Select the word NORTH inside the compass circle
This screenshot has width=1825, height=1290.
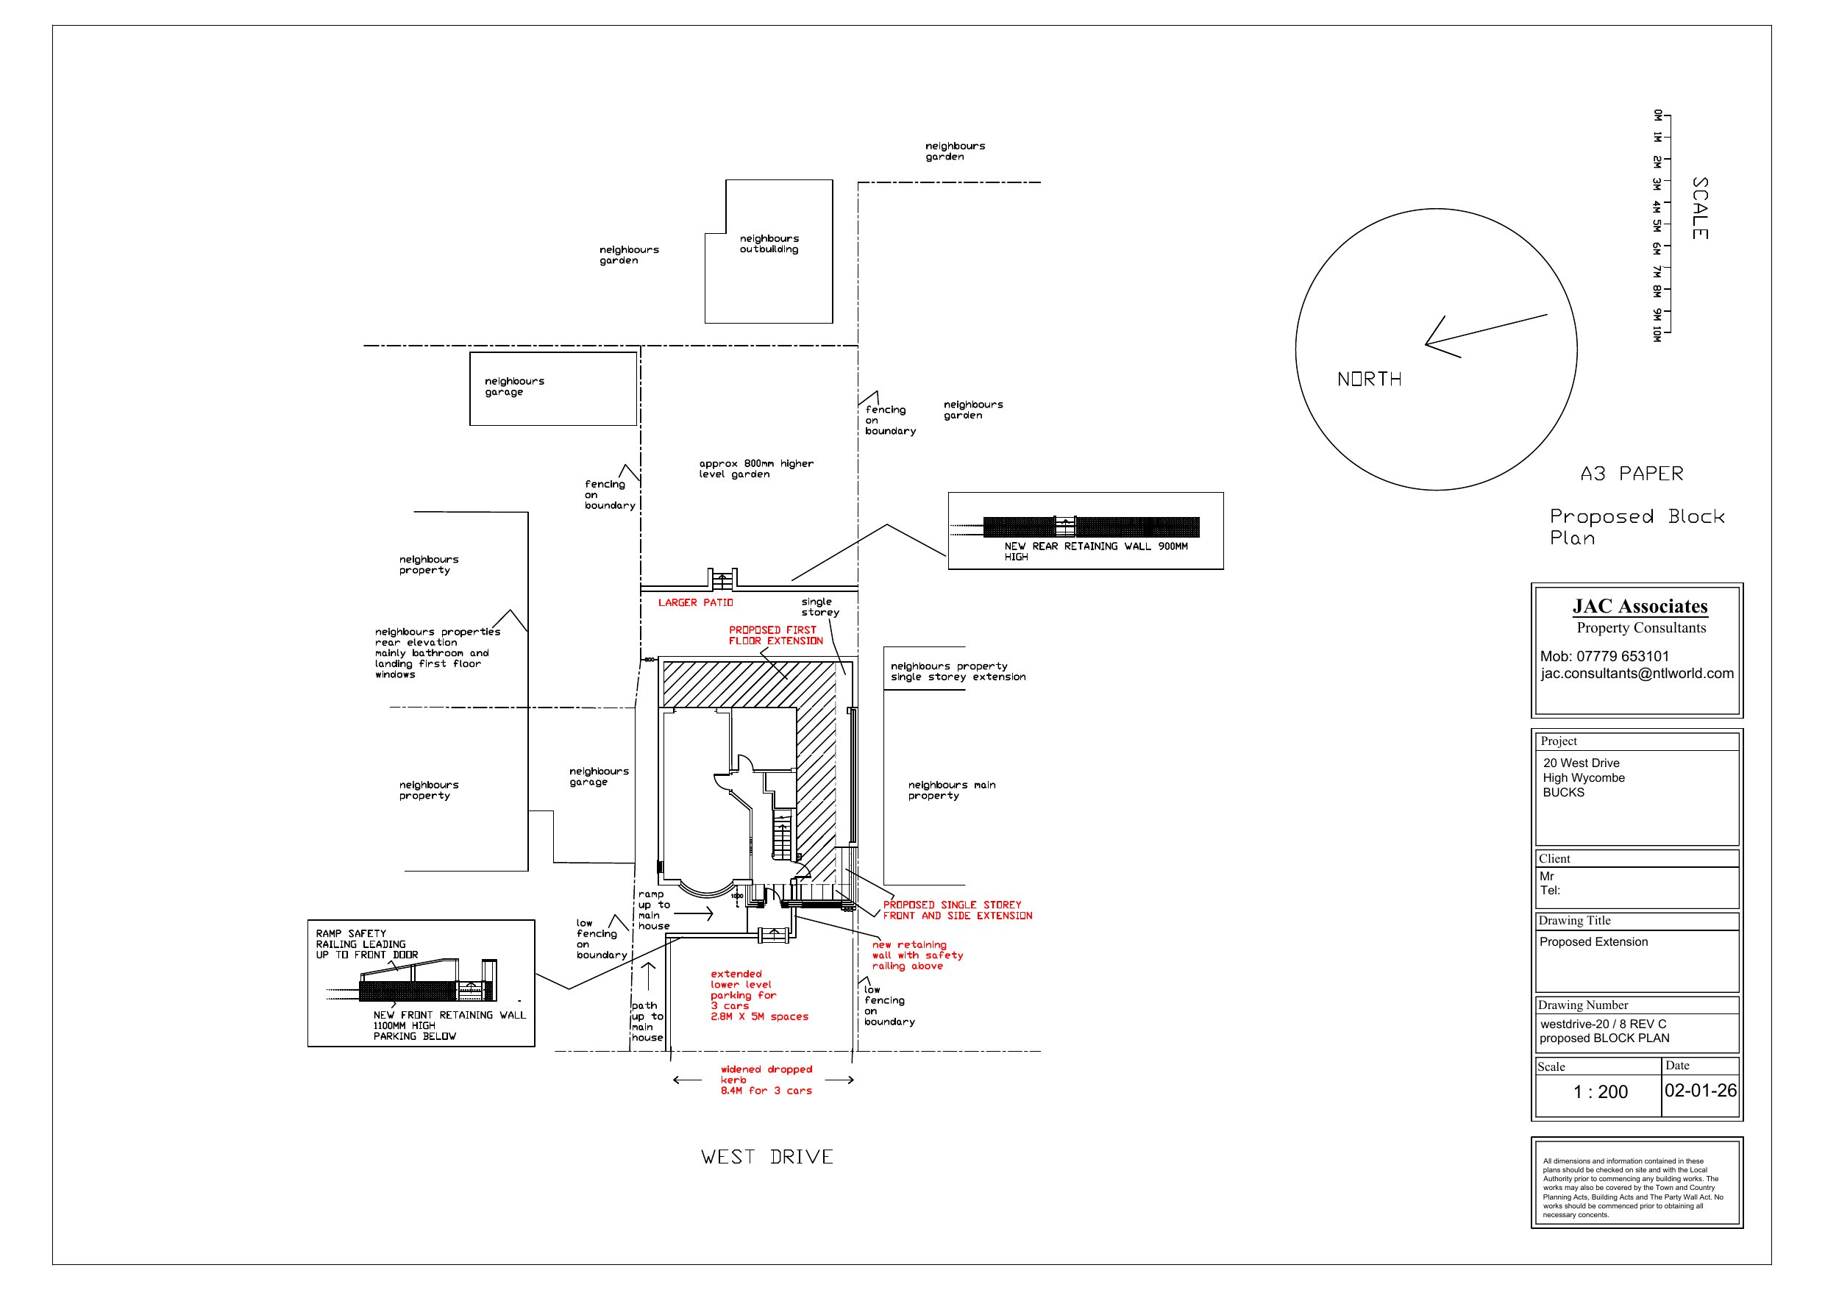tap(1369, 379)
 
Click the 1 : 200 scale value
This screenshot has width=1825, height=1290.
tap(1600, 1091)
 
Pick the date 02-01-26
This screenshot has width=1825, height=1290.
tap(1700, 1090)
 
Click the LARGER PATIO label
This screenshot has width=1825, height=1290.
tap(696, 602)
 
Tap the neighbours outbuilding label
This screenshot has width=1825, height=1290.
tap(769, 243)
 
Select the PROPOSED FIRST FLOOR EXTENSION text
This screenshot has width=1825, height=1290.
tap(776, 635)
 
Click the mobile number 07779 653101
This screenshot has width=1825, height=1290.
tap(1605, 656)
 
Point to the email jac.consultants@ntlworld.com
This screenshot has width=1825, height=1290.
tap(1637, 673)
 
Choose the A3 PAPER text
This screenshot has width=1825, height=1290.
tap(1632, 474)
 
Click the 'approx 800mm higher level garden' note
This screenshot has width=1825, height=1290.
tap(756, 469)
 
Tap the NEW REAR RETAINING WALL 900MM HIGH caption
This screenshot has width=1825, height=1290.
tap(1096, 552)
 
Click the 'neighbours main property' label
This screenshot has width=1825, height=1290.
tap(951, 790)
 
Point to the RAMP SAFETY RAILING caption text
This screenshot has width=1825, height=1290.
tap(366, 944)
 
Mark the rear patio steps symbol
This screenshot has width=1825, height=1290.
tap(722, 580)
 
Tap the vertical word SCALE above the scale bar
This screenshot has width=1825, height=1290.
tap(1699, 208)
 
